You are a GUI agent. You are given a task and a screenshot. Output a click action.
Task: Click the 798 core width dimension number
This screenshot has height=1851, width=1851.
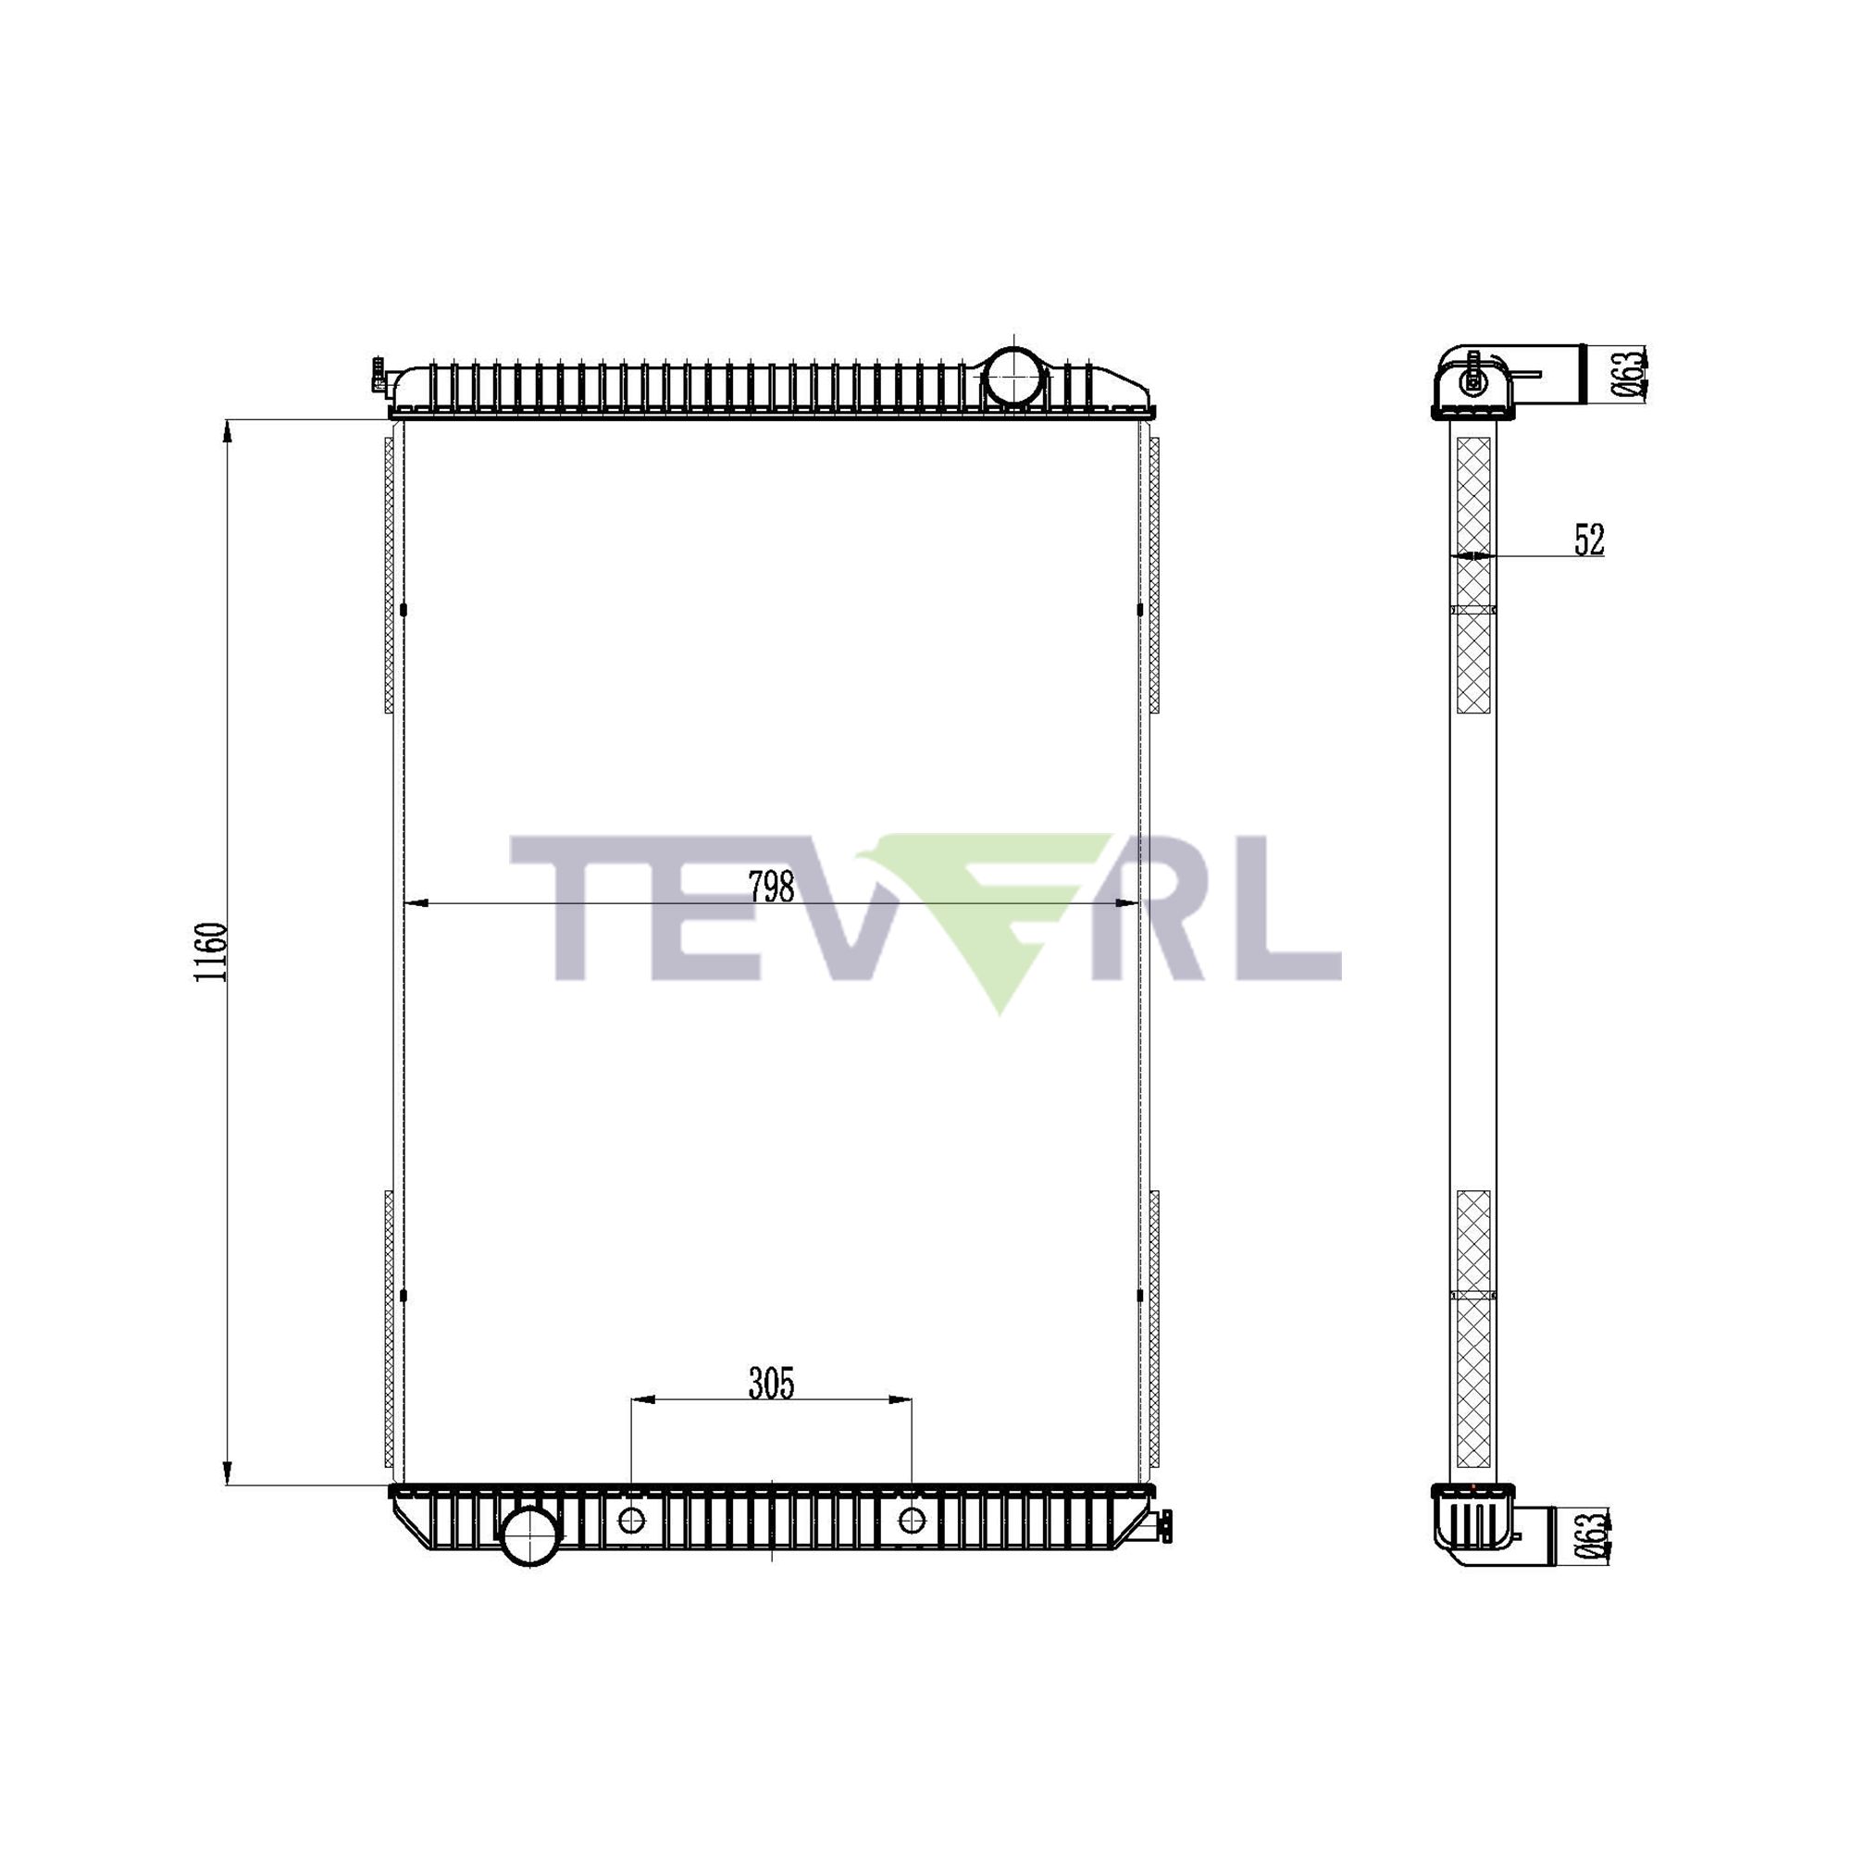(x=771, y=888)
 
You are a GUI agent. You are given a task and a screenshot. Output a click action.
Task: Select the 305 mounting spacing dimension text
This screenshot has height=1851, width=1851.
(x=771, y=1384)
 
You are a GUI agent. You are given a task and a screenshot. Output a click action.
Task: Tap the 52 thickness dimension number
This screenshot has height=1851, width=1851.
(x=1589, y=540)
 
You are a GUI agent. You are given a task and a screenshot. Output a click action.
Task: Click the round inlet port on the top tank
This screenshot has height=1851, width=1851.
(x=1012, y=377)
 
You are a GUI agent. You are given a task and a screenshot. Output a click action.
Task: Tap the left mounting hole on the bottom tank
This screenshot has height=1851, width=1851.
(x=631, y=1520)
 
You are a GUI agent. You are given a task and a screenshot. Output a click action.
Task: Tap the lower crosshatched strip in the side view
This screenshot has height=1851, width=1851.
(x=1473, y=1331)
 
